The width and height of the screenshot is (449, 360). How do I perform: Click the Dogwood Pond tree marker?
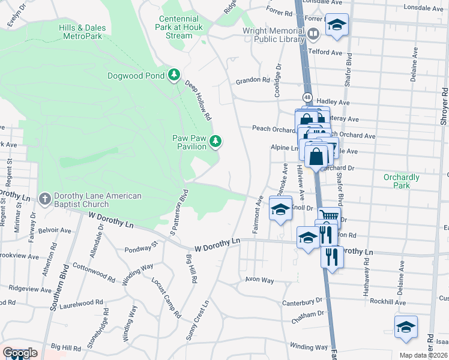[174, 75]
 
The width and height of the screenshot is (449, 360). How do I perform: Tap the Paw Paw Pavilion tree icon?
[215, 142]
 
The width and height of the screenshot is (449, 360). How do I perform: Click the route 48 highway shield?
[307, 97]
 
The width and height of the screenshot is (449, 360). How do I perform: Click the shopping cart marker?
[328, 216]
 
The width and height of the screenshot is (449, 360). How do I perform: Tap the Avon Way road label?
[259, 280]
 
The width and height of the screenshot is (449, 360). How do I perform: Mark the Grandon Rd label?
[252, 80]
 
